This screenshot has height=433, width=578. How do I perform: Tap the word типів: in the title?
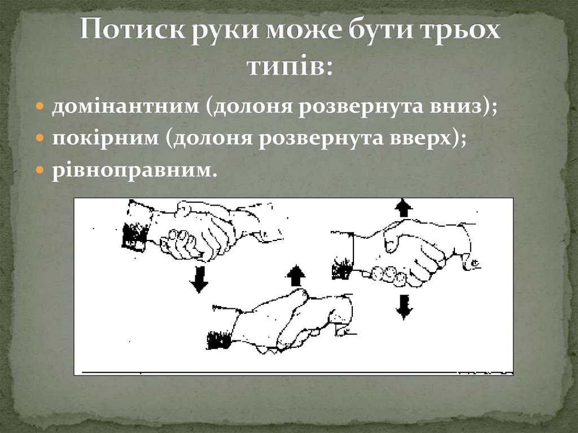coord(290,67)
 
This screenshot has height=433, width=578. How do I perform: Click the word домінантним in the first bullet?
coord(125,107)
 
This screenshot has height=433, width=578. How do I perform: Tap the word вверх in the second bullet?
coord(426,139)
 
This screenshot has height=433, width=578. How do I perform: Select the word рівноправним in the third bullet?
coord(134,170)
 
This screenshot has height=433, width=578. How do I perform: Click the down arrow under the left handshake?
coord(199,279)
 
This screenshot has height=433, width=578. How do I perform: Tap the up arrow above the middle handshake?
coord(295,276)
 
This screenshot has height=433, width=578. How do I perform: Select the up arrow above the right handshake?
coord(403,208)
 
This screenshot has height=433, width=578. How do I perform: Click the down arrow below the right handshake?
coord(404,307)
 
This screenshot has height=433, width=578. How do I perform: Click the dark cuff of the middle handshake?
coord(219,340)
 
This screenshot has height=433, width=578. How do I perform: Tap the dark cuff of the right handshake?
coord(342,266)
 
